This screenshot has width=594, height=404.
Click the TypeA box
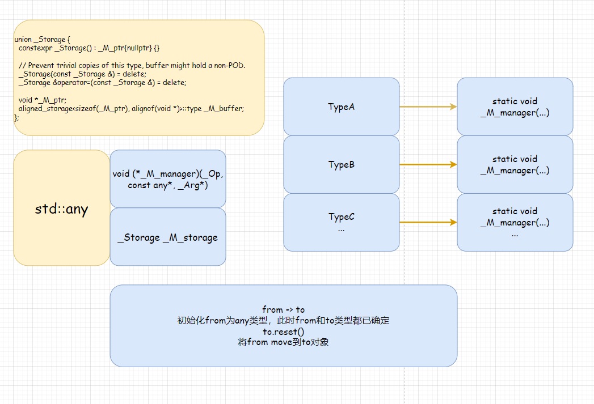(x=341, y=107)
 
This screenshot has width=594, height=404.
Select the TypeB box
(x=341, y=164)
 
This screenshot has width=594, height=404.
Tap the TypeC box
(x=341, y=222)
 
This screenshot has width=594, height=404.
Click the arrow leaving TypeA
(x=428, y=107)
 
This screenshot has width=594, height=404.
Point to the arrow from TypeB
(x=428, y=164)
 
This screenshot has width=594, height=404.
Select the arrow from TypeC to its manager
(x=428, y=223)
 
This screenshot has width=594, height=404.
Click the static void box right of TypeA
(x=515, y=107)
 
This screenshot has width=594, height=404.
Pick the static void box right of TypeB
(x=515, y=164)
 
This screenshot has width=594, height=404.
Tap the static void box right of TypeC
(x=515, y=222)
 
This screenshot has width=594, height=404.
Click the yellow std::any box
(x=61, y=209)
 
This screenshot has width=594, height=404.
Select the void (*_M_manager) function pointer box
(x=168, y=179)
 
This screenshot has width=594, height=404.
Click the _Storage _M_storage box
(x=168, y=237)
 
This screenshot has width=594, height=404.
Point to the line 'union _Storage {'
(x=41, y=40)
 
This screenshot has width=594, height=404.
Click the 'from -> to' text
(x=283, y=309)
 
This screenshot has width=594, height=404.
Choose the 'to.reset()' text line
(x=283, y=331)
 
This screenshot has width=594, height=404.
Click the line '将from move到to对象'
(x=283, y=342)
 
